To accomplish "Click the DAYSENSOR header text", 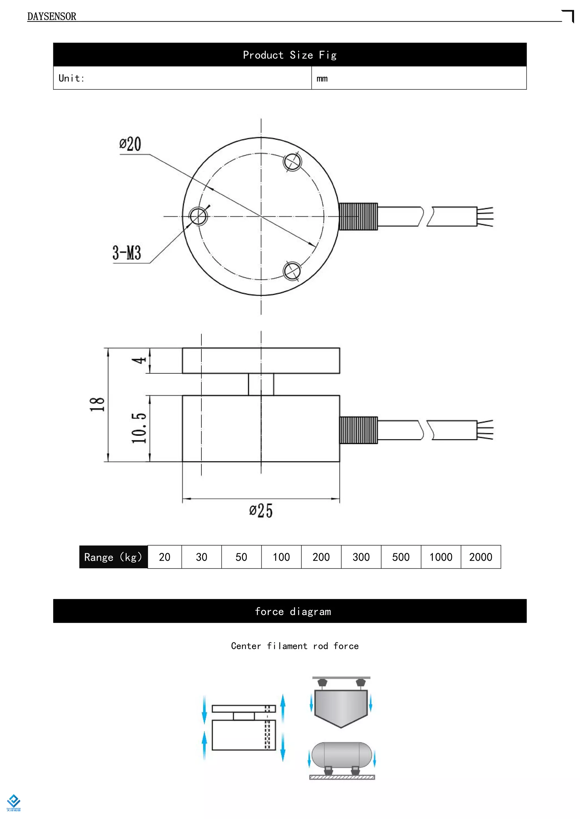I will tap(52, 16).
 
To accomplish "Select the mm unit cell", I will tap(322, 78).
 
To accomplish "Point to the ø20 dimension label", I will tap(130, 144).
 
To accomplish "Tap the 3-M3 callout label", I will tap(127, 253).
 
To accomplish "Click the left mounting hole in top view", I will tap(198, 216).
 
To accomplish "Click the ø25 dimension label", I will tap(261, 510).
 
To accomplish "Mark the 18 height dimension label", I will tap(97, 404).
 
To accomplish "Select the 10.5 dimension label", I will tap(139, 428).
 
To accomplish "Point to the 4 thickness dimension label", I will tap(139, 360).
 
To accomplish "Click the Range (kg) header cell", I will tap(113, 557).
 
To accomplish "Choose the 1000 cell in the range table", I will tap(441, 557).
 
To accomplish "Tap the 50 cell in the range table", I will tap(241, 557).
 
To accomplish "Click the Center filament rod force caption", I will tap(295, 646).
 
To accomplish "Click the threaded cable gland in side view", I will tap(358, 430).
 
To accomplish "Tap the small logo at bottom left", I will tap(14, 803).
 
